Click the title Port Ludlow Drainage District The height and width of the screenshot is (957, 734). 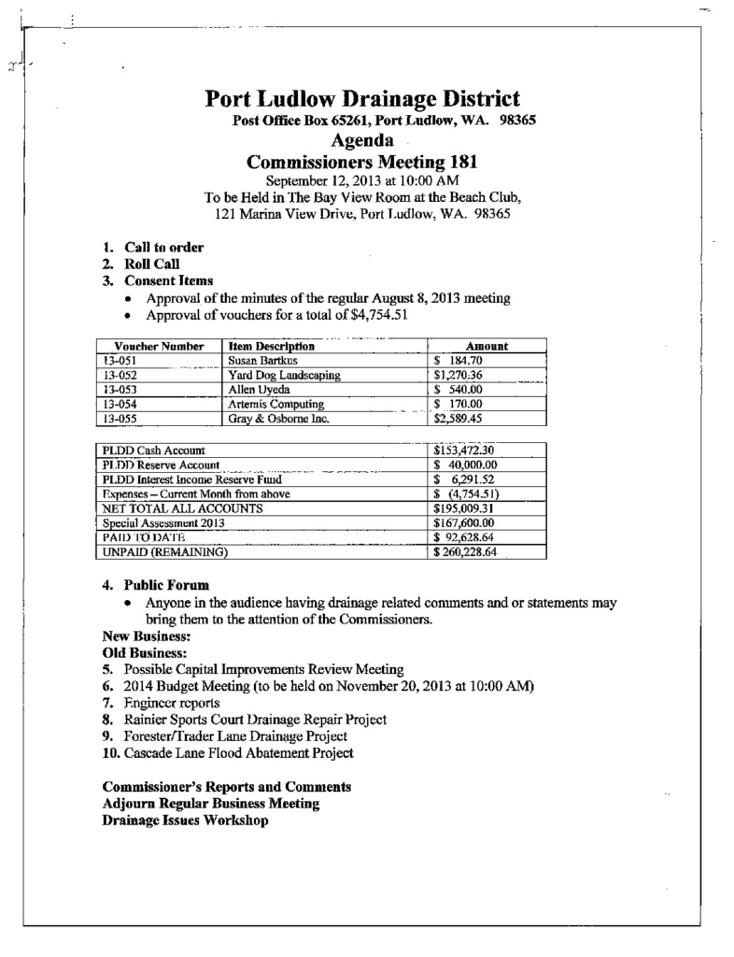[362, 98]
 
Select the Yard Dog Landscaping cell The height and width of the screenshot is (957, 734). [283, 375]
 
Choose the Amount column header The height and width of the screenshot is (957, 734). [486, 346]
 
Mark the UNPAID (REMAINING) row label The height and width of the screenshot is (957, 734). [165, 552]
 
